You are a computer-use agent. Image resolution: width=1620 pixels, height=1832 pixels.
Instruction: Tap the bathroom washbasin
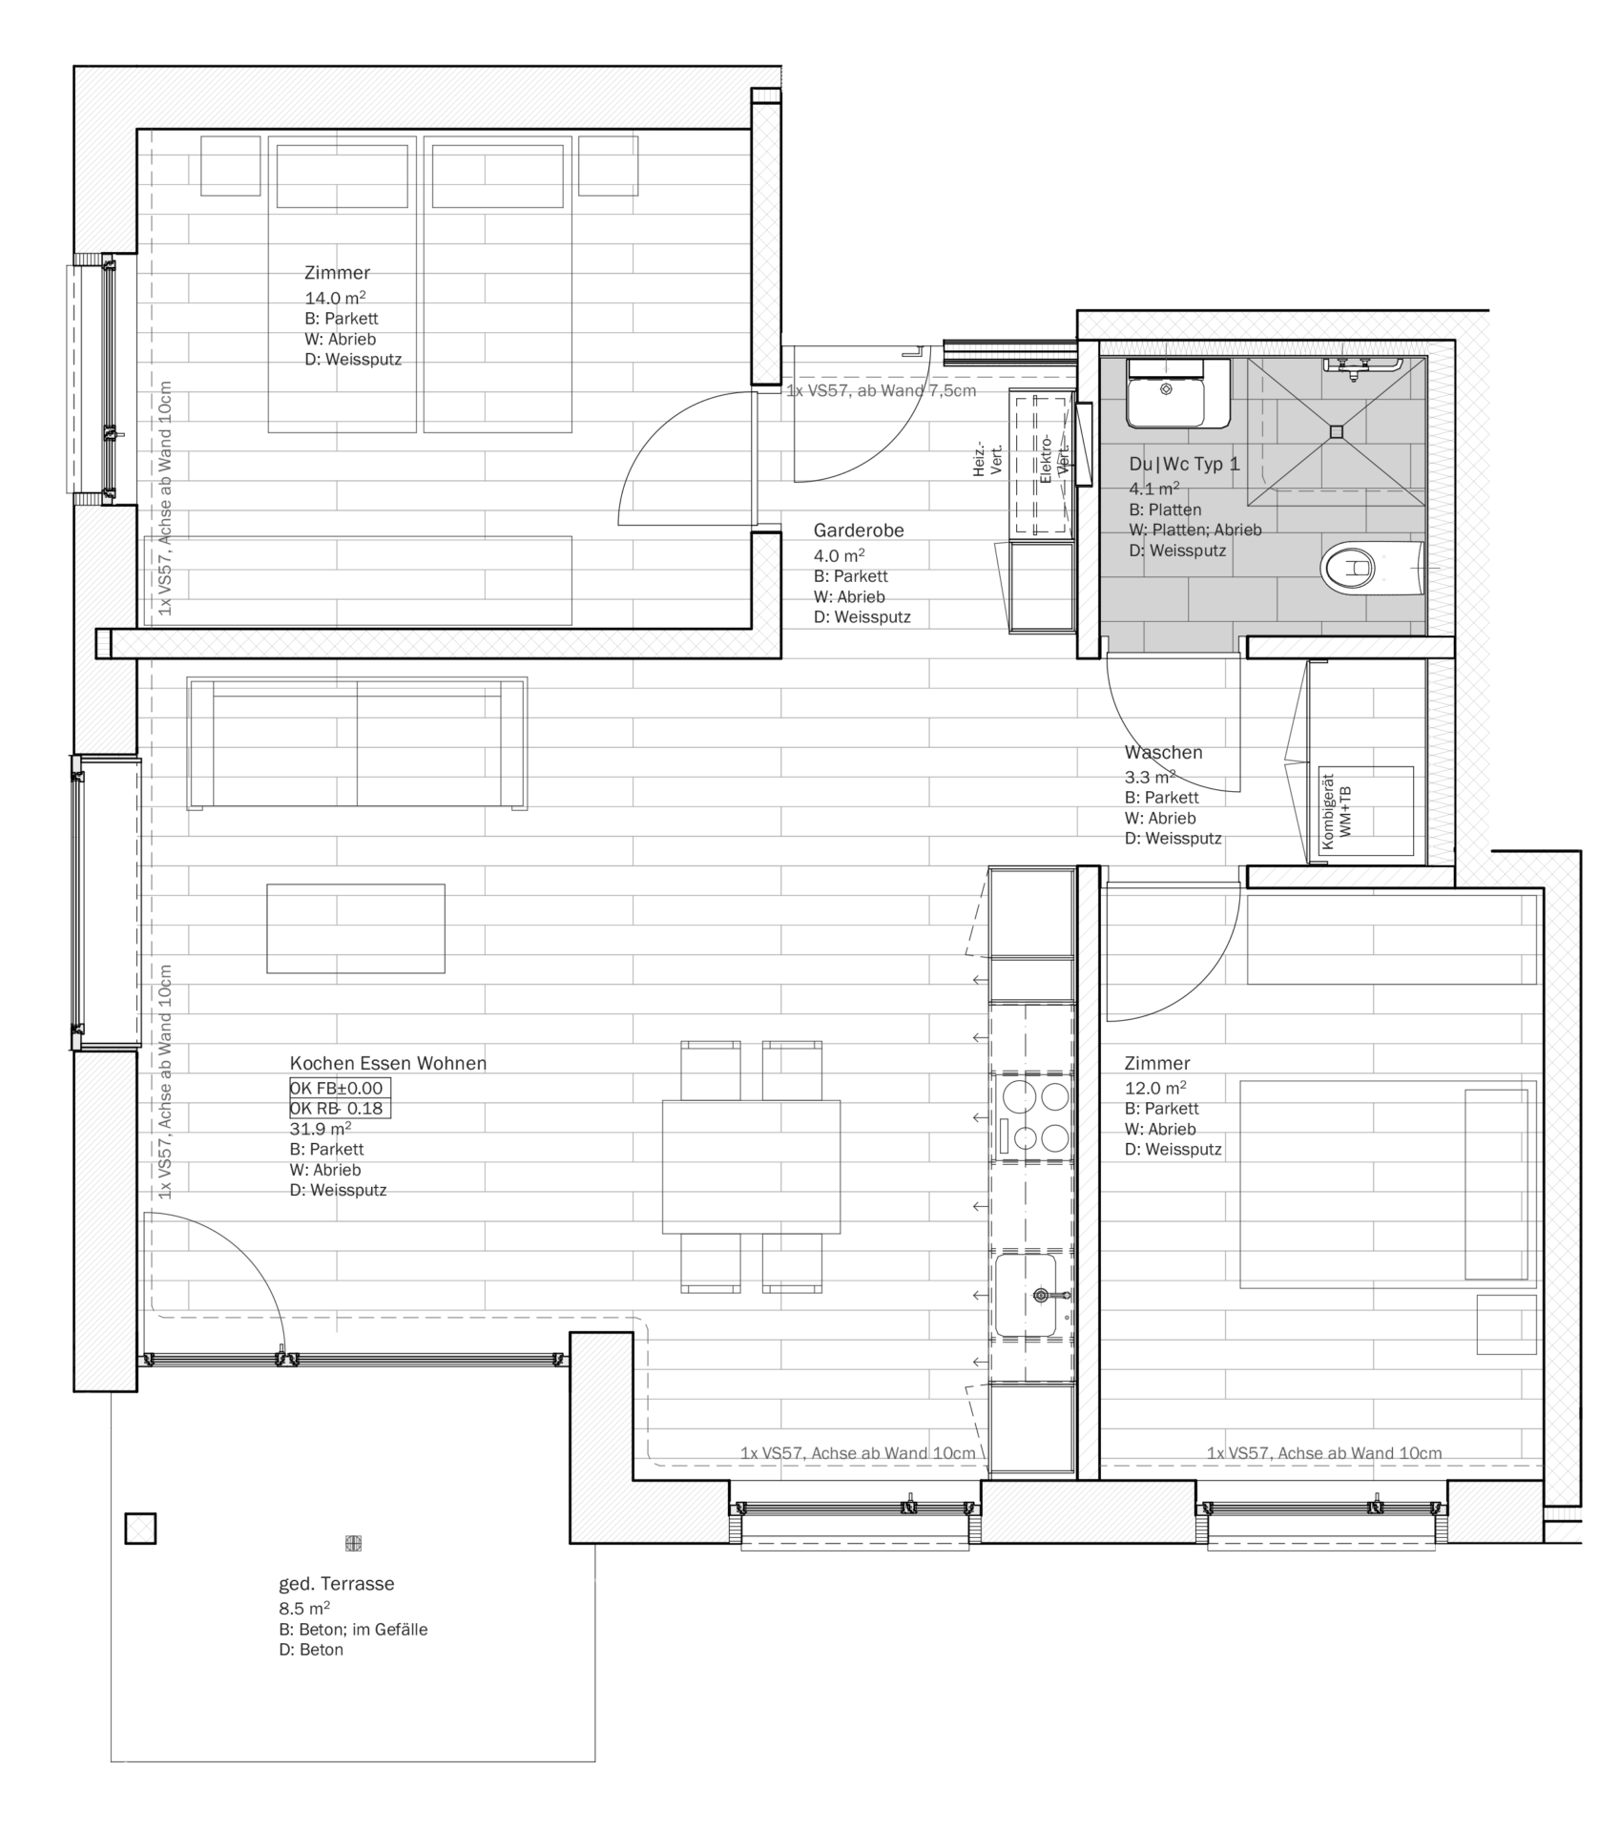pyautogui.click(x=1178, y=393)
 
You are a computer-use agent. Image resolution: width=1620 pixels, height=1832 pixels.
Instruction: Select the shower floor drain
pyautogui.click(x=1336, y=431)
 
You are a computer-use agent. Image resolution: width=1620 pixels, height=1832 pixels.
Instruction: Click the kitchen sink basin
pyautogui.click(x=1026, y=1295)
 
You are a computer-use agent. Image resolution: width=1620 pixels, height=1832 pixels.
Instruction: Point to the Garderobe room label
pyautogui.click(x=859, y=531)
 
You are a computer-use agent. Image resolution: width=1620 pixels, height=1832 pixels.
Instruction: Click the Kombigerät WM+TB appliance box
pyautogui.click(x=1365, y=810)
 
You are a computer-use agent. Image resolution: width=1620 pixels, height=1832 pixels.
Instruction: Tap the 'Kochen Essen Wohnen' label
pyautogui.click(x=387, y=1063)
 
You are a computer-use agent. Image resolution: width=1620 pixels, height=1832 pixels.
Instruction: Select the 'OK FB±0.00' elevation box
pyautogui.click(x=340, y=1088)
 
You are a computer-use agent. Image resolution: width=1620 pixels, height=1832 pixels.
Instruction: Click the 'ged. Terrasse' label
pyautogui.click(x=336, y=1584)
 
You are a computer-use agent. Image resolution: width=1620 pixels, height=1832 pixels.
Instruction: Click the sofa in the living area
pyautogui.click(x=357, y=743)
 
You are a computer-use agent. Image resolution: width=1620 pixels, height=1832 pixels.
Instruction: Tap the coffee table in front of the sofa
pyautogui.click(x=356, y=928)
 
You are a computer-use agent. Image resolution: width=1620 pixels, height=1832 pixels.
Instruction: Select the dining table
pyautogui.click(x=752, y=1166)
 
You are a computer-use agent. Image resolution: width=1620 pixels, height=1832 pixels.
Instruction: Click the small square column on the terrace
pyautogui.click(x=140, y=1529)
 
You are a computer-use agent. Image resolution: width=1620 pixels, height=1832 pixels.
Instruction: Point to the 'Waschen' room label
pyautogui.click(x=1163, y=753)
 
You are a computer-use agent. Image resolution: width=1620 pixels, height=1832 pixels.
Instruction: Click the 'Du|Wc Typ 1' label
pyautogui.click(x=1184, y=465)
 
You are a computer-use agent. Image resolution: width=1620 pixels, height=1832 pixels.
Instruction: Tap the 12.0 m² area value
pyautogui.click(x=1154, y=1088)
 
